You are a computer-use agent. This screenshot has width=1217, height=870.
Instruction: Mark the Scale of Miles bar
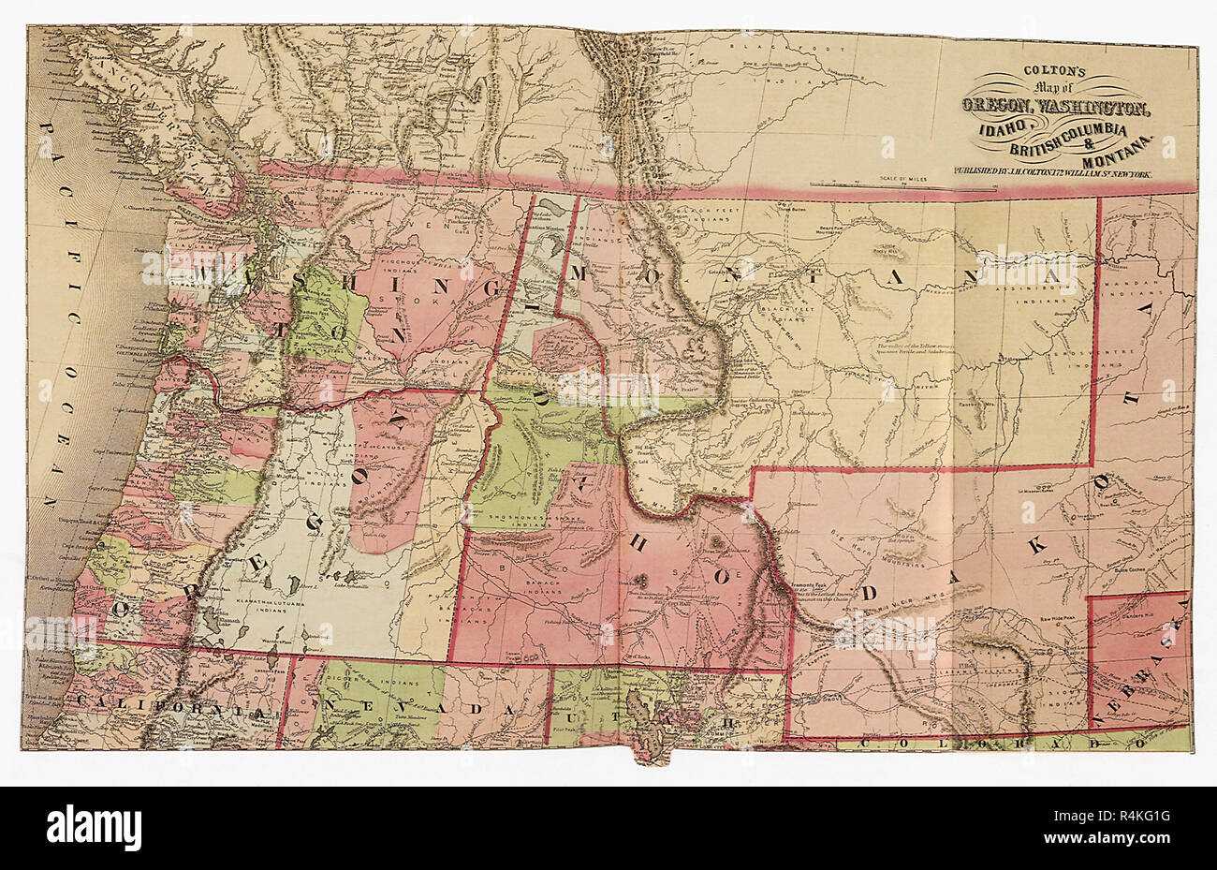[x=903, y=184]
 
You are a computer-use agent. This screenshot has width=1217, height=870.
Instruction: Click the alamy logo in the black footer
[x=94, y=828]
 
